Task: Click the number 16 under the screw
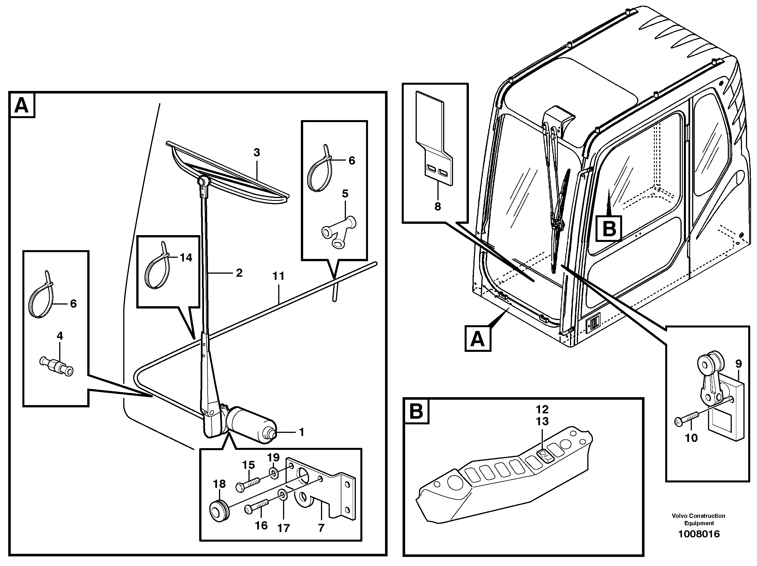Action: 261,525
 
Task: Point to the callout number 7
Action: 321,528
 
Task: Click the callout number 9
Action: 738,364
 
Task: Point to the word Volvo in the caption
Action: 679,516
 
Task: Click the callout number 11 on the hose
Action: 278,276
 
